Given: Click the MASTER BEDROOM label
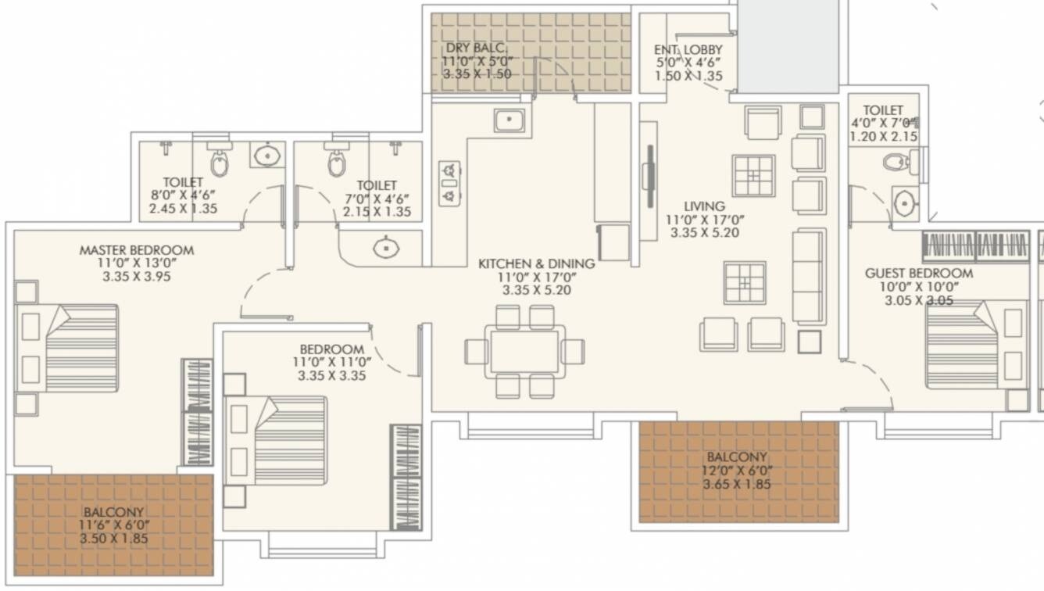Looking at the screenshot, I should click(136, 250).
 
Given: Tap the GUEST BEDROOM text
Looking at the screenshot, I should click(918, 273).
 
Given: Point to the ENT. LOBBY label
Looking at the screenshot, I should click(688, 50).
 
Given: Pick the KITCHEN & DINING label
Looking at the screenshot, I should click(536, 264).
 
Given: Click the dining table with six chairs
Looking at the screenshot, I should click(524, 352).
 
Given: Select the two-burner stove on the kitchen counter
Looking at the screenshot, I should click(449, 183).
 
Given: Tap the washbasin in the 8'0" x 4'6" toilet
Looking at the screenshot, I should click(267, 155).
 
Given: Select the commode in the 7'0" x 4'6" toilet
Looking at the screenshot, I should click(337, 162).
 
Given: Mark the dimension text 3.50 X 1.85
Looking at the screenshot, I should click(114, 539).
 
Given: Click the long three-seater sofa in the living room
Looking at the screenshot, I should click(809, 277).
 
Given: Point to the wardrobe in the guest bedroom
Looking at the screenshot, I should click(974, 245).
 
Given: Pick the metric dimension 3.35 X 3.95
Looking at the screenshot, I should click(136, 276).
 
